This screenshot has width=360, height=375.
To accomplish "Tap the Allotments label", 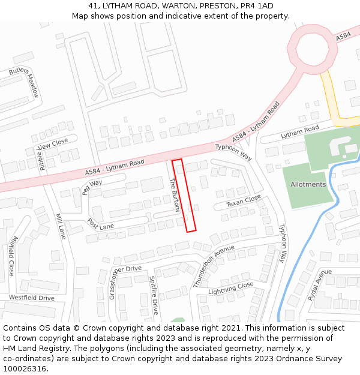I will click(x=308, y=184).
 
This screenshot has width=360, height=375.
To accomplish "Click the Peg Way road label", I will click(x=92, y=187).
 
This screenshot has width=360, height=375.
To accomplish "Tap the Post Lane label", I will click(x=100, y=223).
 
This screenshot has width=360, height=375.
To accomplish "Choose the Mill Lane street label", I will click(x=60, y=226).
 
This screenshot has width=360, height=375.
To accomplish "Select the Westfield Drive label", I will click(x=31, y=298).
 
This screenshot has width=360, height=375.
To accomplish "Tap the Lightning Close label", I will click(x=230, y=289).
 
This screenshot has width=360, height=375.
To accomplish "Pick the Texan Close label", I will click(x=243, y=200).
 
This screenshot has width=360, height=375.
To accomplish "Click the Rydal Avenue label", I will click(x=320, y=284).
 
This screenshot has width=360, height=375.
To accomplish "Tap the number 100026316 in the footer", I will click(x=26, y=368).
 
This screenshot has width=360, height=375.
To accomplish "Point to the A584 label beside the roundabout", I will click(x=343, y=37).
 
